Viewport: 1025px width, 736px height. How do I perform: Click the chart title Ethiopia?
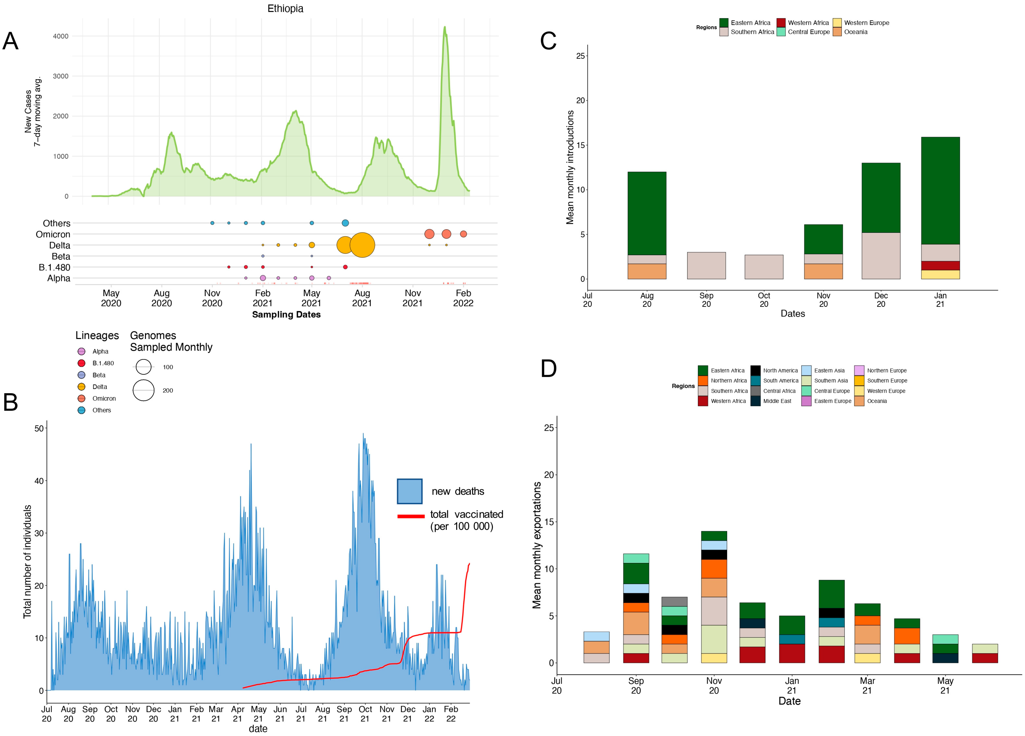[285, 9]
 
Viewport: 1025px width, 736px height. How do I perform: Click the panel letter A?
[10, 41]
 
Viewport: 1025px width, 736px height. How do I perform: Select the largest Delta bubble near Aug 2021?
[362, 245]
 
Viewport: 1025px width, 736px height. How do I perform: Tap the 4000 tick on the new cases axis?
[60, 36]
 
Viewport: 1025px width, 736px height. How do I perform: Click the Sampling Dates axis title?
[286, 314]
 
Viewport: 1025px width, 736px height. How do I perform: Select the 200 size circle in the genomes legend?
[144, 390]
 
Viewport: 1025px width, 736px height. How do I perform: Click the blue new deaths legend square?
[410, 491]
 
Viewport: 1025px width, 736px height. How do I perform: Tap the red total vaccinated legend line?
[410, 516]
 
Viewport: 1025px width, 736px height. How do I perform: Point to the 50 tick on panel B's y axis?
[39, 428]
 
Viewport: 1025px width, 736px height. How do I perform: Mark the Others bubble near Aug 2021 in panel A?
[345, 223]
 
